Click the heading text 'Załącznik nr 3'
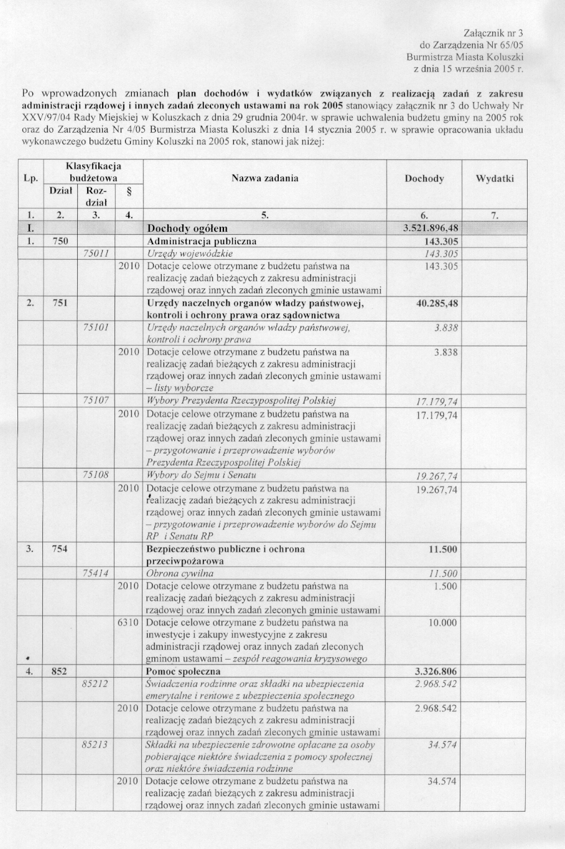coord(495,33)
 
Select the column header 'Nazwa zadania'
coord(264,178)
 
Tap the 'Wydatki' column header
coord(495,179)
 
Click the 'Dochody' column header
coord(424,179)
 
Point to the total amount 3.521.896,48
coord(431,228)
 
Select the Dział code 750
coord(60,241)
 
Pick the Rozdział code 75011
coord(96,254)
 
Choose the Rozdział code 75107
coord(96,401)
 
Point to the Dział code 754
coord(60,549)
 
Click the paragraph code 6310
coord(128,622)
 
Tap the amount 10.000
coord(443,622)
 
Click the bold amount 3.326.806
coord(436,671)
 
